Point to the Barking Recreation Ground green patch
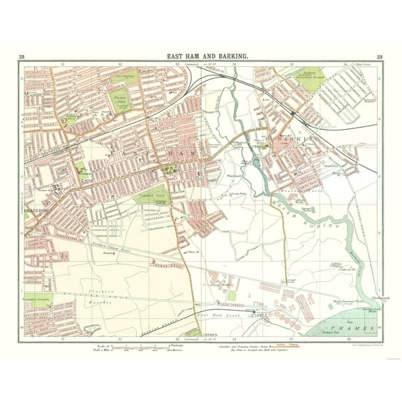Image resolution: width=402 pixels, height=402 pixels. (311, 75)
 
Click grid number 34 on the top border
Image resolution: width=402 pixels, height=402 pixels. (233, 64)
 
